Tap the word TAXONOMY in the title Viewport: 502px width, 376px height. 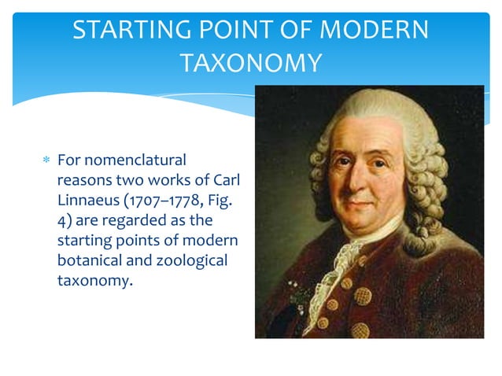[x=250, y=62]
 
